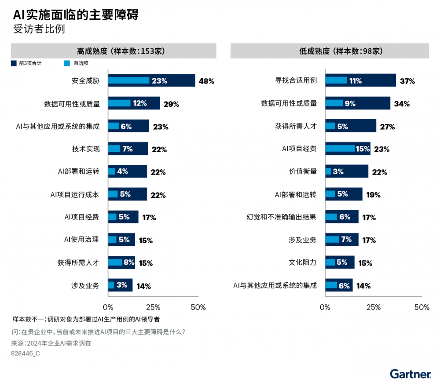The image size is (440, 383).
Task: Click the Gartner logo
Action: click(x=410, y=374)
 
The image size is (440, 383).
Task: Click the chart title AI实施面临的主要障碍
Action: click(x=75, y=15)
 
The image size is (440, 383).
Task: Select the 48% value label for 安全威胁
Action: click(x=206, y=81)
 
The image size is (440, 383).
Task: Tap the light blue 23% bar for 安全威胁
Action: click(x=128, y=80)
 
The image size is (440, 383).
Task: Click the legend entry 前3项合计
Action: click(x=30, y=63)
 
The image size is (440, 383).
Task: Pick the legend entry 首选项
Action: click(x=81, y=63)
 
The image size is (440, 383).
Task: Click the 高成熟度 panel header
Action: click(x=114, y=51)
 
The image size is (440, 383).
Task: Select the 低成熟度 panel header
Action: click(x=330, y=51)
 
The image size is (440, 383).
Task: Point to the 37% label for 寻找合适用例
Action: click(x=407, y=81)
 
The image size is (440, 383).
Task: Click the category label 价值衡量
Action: click(x=303, y=171)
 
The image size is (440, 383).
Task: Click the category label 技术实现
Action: click(x=86, y=149)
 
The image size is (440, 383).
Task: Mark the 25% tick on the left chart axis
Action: click(x=153, y=307)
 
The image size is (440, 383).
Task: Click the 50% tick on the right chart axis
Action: click(x=422, y=307)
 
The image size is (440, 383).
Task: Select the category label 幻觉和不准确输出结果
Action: click(x=281, y=217)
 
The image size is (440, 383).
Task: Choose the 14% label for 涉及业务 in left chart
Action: click(x=143, y=286)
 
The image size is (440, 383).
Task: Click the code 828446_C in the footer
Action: click(x=25, y=353)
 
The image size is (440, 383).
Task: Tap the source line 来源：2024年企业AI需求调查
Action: click(x=51, y=343)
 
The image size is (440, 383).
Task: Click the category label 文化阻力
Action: click(x=303, y=263)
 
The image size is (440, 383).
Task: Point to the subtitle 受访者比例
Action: click(x=39, y=29)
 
